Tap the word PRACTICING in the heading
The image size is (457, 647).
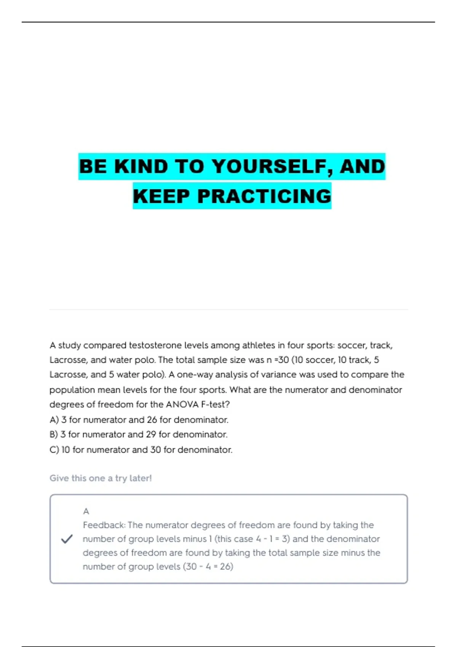[x=264, y=196]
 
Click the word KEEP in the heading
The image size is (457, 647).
[x=161, y=196]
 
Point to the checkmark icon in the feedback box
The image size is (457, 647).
[x=67, y=539]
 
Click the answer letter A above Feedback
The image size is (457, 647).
[x=86, y=511]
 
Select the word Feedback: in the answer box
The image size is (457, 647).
[x=104, y=525]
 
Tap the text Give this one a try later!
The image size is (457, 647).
[x=101, y=478]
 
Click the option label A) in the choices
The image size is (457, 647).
[x=54, y=420]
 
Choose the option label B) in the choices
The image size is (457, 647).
[x=54, y=435]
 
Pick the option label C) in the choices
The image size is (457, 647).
[x=54, y=450]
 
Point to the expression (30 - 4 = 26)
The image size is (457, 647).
[x=208, y=567]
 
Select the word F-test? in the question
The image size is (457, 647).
[x=215, y=405]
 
